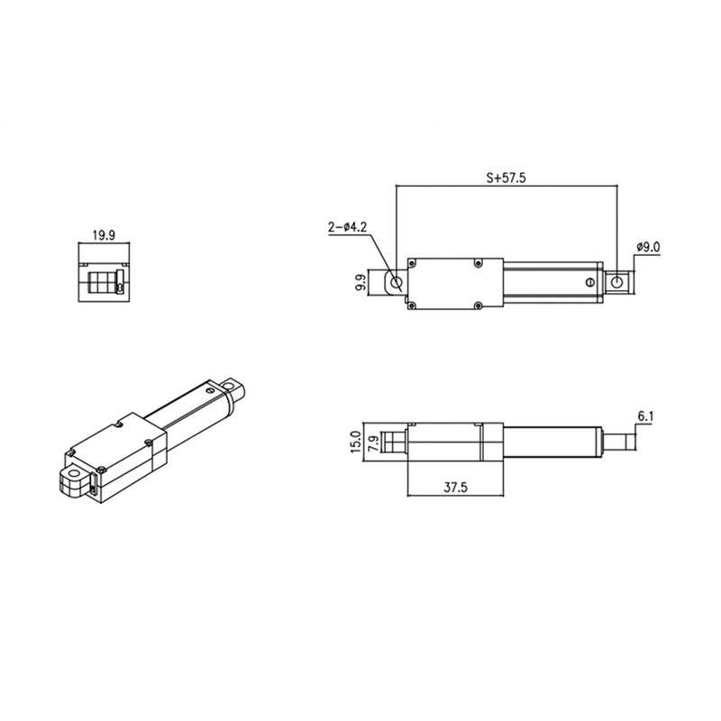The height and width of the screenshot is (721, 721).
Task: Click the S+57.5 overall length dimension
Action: click(x=505, y=178)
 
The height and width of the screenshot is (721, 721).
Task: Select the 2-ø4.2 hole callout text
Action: click(x=347, y=228)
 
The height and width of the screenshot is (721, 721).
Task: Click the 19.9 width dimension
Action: click(x=104, y=236)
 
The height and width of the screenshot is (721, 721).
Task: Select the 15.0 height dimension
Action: click(x=355, y=443)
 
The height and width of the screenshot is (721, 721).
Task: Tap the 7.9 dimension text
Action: click(x=371, y=443)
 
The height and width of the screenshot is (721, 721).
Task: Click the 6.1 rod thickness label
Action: click(x=645, y=416)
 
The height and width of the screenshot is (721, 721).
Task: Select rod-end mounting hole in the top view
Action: click(x=616, y=283)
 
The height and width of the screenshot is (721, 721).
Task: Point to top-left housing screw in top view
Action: click(x=413, y=263)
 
